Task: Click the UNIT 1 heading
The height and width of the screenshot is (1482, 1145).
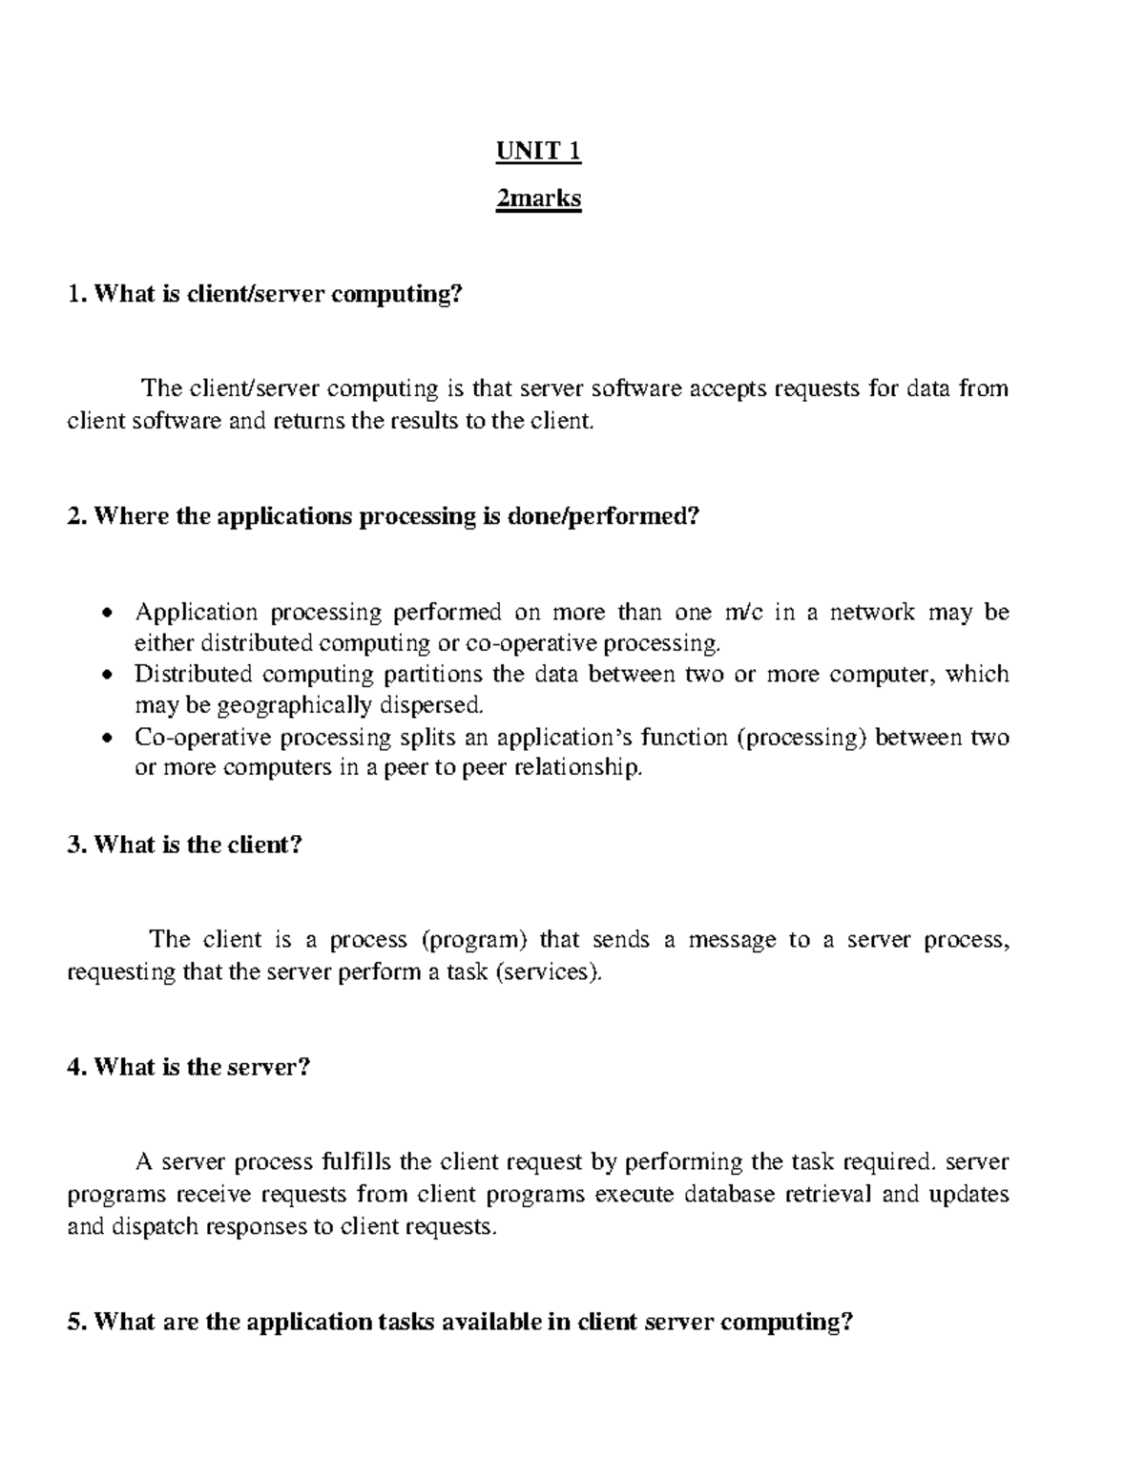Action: (x=538, y=152)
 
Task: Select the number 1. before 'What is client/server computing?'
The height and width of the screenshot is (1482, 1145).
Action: (x=75, y=295)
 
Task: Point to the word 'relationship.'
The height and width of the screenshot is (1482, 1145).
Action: (x=577, y=768)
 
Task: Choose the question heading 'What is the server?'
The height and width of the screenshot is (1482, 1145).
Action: (x=203, y=1067)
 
